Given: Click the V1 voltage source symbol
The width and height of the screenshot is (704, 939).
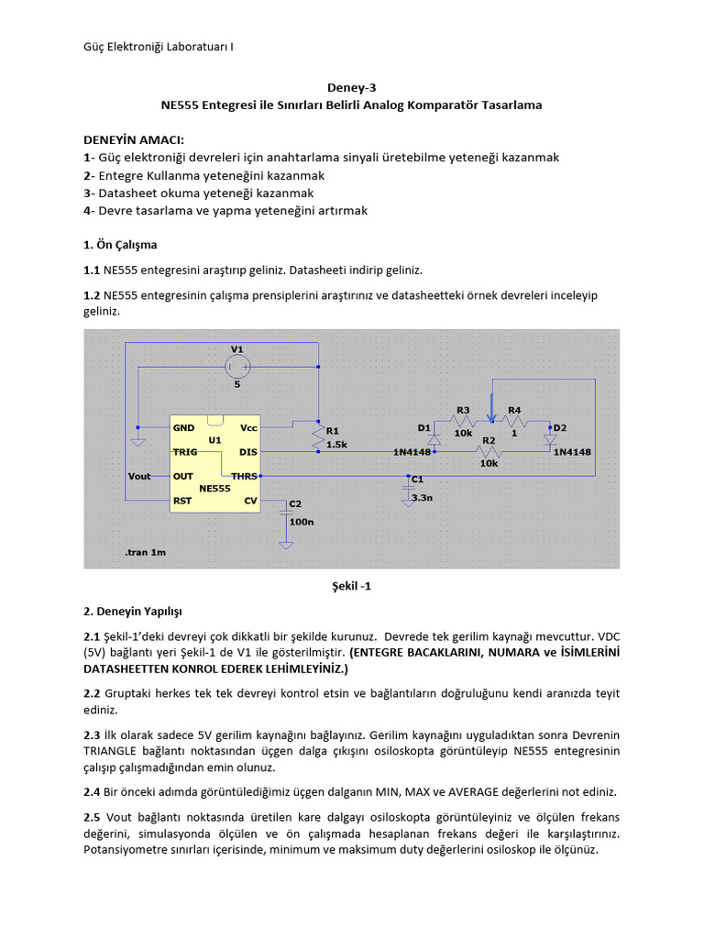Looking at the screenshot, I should point(236,367).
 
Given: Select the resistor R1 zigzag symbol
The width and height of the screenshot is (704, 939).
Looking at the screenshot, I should point(317,437).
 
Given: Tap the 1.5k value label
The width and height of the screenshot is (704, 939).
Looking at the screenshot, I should point(336,443).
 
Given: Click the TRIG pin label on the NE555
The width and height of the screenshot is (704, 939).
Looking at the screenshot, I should point(186,452).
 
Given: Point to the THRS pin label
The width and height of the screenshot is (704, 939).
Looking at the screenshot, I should point(244,476).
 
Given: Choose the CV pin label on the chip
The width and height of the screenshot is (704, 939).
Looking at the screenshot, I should point(249,501).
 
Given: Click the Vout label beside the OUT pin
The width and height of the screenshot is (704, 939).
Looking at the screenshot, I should point(140,476).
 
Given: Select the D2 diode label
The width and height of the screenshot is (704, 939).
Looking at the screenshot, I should point(560,428).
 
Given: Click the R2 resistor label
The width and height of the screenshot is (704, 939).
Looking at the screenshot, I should point(489,440).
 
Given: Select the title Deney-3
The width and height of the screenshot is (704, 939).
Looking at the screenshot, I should point(351,88).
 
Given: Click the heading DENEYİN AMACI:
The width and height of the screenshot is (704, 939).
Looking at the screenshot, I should point(134,139).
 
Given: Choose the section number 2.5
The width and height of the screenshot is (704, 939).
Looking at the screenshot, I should point(93,816).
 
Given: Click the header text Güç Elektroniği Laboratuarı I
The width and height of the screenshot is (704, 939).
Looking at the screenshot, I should point(152,46).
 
